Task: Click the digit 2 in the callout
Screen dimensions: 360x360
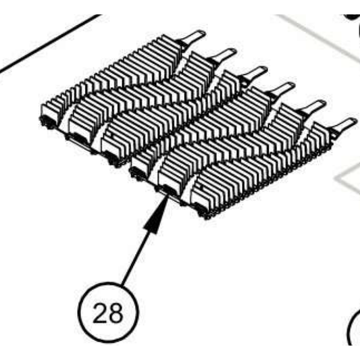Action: [x=100, y=313]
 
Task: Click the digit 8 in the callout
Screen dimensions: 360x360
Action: [x=115, y=313]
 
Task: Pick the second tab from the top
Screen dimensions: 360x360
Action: [x=222, y=56]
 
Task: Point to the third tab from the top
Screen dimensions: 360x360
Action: [x=253, y=74]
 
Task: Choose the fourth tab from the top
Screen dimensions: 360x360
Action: [x=280, y=90]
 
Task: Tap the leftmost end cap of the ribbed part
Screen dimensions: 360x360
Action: [x=49, y=116]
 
